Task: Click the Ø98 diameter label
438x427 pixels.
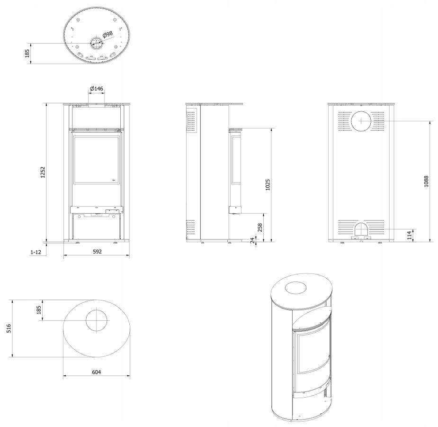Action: tap(107, 35)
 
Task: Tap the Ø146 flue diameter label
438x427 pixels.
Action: tap(97, 89)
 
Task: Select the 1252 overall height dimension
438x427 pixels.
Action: tap(43, 172)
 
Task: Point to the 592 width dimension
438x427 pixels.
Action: tap(97, 252)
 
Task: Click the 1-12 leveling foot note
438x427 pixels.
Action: tap(36, 252)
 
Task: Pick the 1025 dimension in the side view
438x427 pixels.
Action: tap(268, 185)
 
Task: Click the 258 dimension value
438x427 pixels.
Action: tap(260, 227)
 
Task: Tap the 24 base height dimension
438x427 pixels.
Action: tap(252, 240)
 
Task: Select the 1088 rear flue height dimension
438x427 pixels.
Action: tap(426, 181)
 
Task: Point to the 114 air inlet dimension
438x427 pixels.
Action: tap(410, 235)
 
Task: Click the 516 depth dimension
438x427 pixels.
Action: tap(9, 328)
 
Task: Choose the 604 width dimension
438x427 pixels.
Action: tap(97, 372)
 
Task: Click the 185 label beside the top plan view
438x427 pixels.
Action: tap(27, 54)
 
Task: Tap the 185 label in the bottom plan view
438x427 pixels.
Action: tap(39, 309)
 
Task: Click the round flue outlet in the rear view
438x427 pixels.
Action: tap(361, 121)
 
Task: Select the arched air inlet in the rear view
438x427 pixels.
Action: tap(361, 229)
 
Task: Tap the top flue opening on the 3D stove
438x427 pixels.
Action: tap(295, 288)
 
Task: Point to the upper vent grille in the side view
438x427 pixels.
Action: tap(191, 121)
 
